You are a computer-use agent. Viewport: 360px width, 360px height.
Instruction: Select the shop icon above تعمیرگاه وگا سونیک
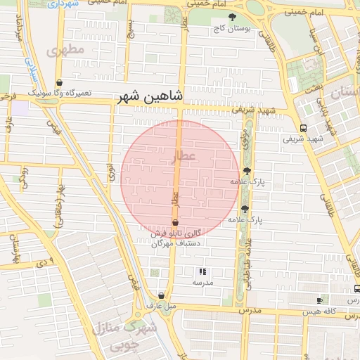click(59, 82)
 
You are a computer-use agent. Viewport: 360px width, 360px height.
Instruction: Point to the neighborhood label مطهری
click(65, 51)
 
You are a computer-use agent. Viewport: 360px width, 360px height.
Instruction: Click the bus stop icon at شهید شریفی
click(303, 128)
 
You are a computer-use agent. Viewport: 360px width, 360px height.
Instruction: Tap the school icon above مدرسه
click(202, 271)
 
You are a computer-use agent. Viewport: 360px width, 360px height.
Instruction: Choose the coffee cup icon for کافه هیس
click(320, 300)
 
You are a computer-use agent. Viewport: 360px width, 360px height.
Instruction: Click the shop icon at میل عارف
click(162, 296)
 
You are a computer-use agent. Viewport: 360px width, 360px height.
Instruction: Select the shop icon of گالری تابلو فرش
click(175, 222)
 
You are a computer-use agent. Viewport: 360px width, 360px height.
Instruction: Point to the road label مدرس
click(249, 310)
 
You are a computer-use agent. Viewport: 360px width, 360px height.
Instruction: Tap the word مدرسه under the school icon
click(202, 282)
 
